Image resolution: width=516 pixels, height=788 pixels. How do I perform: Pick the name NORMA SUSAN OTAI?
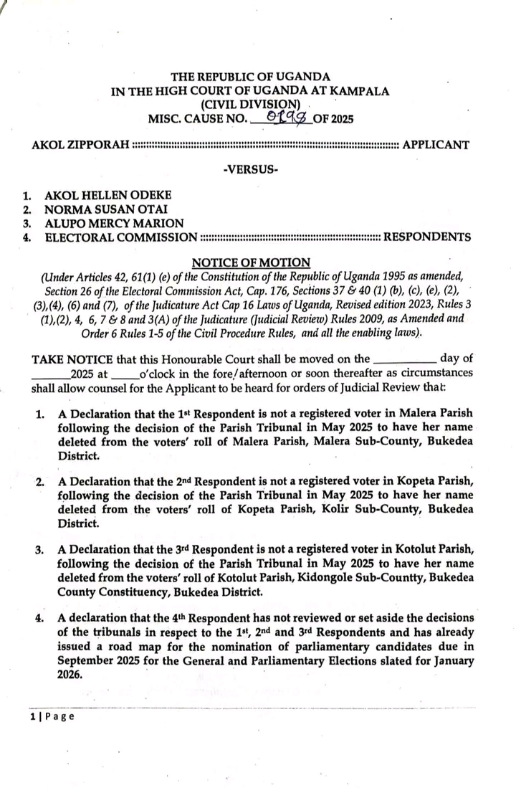click(x=104, y=209)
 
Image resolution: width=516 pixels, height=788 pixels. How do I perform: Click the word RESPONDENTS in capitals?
click(x=427, y=237)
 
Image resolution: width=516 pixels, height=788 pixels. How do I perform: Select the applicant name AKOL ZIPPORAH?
click(x=81, y=146)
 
